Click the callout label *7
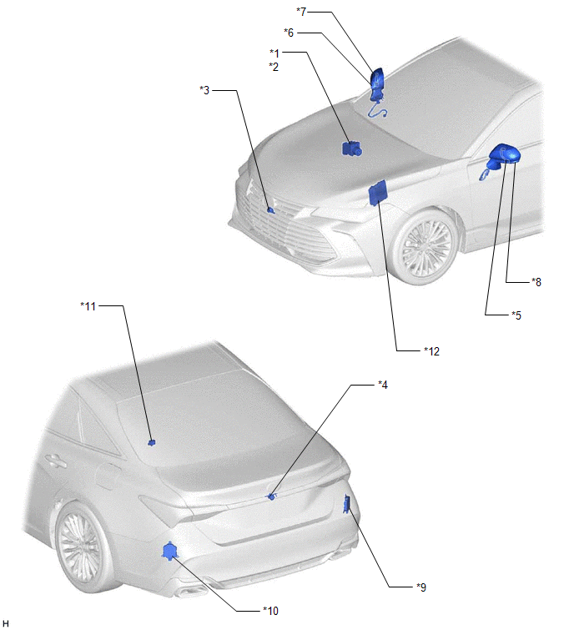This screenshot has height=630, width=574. (x=301, y=12)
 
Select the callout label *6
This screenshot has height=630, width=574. (x=289, y=33)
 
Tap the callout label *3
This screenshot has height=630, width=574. (x=204, y=90)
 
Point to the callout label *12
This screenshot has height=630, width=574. (x=432, y=351)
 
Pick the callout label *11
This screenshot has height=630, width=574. (x=88, y=306)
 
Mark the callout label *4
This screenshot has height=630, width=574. (x=383, y=385)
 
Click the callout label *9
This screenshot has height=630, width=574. (x=421, y=587)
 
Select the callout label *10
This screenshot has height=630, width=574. (x=271, y=611)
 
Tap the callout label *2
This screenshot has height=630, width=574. (x=274, y=67)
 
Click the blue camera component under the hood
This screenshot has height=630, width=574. (x=351, y=149)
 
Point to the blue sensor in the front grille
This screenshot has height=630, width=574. (x=270, y=209)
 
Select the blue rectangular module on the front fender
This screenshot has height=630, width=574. (x=378, y=192)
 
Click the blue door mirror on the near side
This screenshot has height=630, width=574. (x=503, y=158)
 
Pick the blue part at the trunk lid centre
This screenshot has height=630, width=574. (x=272, y=496)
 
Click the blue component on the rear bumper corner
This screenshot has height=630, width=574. (x=170, y=551)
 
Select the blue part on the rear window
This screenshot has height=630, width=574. (x=152, y=443)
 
